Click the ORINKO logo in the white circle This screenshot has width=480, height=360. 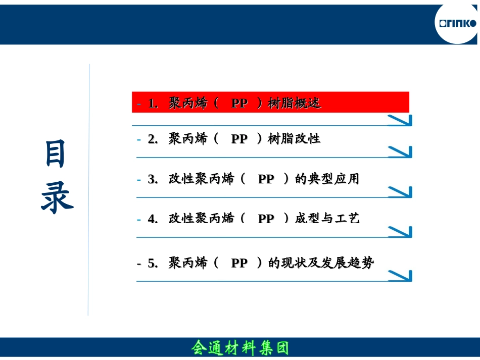coord(457,23)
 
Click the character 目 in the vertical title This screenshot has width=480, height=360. coord(56,155)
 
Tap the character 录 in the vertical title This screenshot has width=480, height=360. coord(56,197)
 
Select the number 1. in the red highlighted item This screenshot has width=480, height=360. coord(153,104)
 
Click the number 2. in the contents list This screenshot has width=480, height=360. coord(153,139)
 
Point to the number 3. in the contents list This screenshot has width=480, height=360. coord(153,179)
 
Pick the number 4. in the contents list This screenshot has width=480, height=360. coord(153,219)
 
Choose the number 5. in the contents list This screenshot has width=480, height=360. coord(153,263)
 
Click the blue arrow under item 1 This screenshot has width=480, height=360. coord(400,120)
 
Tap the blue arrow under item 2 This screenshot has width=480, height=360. coord(400,151)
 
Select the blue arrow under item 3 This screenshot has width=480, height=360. coord(400,192)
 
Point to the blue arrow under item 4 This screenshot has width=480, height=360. coord(400,231)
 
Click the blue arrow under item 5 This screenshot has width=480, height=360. coord(400,276)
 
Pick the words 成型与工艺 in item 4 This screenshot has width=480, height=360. coord(327,219)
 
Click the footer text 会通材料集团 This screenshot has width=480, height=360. coord(240,348)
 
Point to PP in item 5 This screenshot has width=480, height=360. coord(239,263)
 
